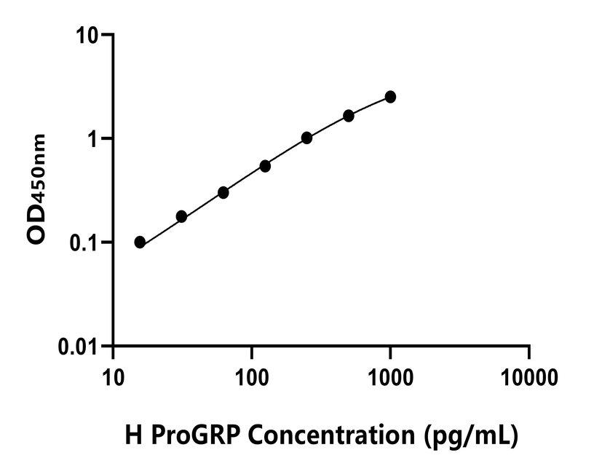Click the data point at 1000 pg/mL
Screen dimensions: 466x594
(x=390, y=97)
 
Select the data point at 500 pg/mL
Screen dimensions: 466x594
(x=349, y=116)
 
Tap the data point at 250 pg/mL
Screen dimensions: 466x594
(x=306, y=138)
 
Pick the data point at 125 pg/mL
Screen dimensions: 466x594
(x=265, y=166)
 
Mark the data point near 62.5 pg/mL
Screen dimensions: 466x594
(x=223, y=192)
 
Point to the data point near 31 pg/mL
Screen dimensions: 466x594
(x=181, y=216)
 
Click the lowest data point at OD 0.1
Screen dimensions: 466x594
(x=140, y=242)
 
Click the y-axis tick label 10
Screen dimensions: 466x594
(x=89, y=35)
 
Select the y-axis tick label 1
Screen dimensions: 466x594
(x=94, y=138)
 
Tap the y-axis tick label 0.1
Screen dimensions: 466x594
(x=85, y=242)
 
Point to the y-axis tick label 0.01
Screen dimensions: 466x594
(x=79, y=346)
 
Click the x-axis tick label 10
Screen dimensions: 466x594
(x=112, y=379)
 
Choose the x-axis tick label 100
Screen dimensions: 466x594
(x=251, y=379)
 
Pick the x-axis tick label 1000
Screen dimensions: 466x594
(x=390, y=379)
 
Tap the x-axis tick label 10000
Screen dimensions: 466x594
(x=529, y=379)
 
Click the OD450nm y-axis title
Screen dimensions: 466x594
(x=37, y=190)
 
